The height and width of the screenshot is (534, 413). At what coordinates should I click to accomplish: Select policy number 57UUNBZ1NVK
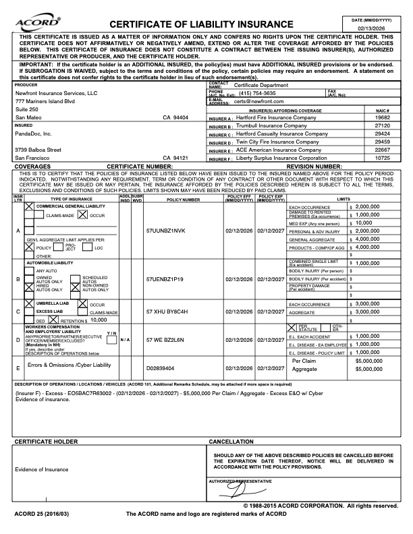pos(165,231)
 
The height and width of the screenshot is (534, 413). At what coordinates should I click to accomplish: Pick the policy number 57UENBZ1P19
pos(165,278)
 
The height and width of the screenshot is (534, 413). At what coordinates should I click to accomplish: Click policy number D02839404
pos(161,368)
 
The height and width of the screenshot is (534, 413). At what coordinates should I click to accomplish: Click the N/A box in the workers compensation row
pos(124,340)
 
